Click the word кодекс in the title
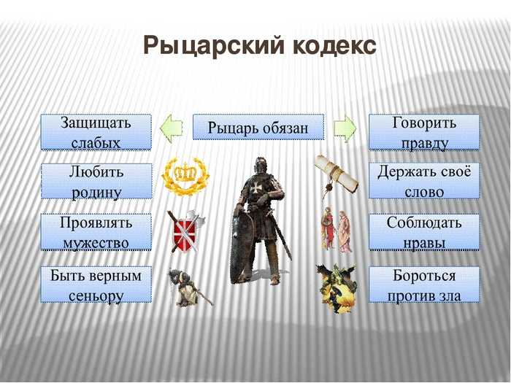[x=334, y=45]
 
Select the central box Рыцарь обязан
[x=258, y=127]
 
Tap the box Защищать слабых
[x=96, y=132]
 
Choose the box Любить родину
[x=96, y=182]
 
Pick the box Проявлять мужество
[x=96, y=232]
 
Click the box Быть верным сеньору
[x=96, y=285]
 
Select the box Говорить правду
[x=424, y=132]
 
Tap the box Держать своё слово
[x=424, y=181]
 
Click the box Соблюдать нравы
[x=424, y=232]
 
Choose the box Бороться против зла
[x=424, y=285]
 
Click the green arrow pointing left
[x=172, y=128]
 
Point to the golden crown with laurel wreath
[x=185, y=177]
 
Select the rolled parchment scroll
[x=337, y=176]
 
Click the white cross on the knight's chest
[x=254, y=188]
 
